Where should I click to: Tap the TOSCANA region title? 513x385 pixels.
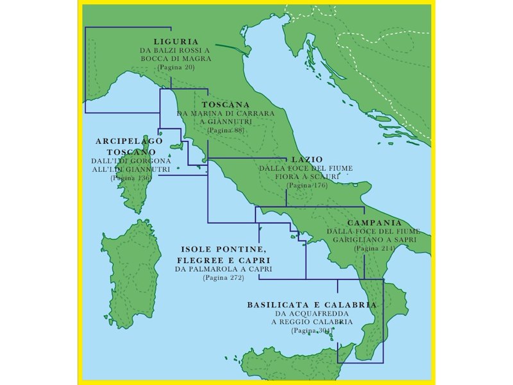[x=225, y=104]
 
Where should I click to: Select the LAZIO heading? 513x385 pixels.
[x=307, y=159]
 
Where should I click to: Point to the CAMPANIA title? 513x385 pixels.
[x=374, y=222]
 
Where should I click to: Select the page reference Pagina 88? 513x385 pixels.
[x=226, y=130]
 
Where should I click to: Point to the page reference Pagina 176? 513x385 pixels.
[x=307, y=185]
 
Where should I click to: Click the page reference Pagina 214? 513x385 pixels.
[x=374, y=248]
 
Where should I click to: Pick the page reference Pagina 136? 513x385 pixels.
[x=130, y=178]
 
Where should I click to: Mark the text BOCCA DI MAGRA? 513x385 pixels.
[x=176, y=58]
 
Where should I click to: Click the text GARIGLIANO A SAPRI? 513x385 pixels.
[x=374, y=239]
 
